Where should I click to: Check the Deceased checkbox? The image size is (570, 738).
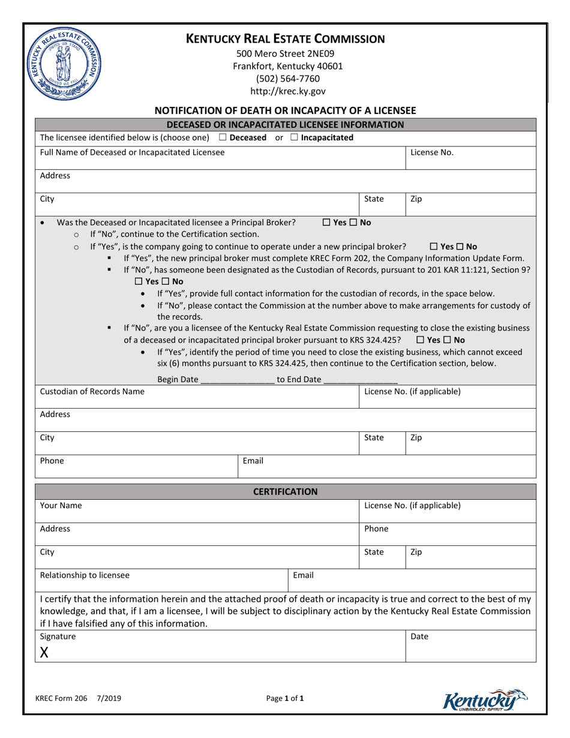223,138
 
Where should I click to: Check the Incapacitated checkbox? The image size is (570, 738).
294,138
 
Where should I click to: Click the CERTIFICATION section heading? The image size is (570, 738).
285,492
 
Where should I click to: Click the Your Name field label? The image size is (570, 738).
61,506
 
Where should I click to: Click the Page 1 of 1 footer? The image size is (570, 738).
285,698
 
